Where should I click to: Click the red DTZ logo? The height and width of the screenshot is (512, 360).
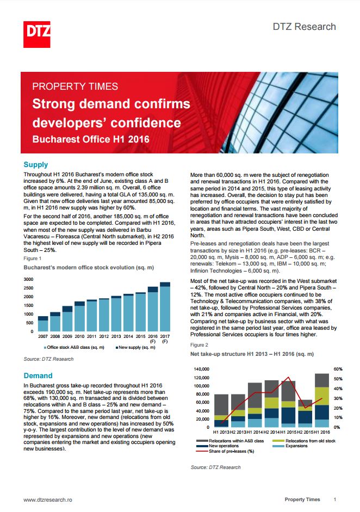(37, 34)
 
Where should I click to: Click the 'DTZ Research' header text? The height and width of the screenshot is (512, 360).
(304, 27)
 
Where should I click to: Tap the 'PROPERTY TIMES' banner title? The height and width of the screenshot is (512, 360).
(75, 87)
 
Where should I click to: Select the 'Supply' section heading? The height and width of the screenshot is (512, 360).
(36, 164)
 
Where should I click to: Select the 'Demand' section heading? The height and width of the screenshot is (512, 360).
(38, 375)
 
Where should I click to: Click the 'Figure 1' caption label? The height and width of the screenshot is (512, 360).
(32, 258)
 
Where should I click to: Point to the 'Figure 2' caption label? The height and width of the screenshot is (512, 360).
(199, 345)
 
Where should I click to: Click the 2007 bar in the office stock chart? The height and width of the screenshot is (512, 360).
(43, 324)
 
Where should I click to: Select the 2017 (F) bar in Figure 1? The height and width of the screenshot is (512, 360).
(165, 307)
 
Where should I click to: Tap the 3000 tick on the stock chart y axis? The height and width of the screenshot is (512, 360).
(28, 279)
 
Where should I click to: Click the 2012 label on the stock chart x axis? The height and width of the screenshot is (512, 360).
(104, 336)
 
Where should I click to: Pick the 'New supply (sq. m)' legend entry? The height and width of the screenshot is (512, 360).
(135, 348)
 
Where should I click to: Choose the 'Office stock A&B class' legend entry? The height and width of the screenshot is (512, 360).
(74, 348)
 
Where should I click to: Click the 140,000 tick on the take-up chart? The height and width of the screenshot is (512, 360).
(201, 369)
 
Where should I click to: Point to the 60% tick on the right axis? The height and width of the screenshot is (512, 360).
(338, 369)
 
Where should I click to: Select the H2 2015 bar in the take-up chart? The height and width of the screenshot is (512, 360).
(305, 414)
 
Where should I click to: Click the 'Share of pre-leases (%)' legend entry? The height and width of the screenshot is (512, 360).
(225, 451)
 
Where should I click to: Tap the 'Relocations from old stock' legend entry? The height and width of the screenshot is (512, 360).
(304, 441)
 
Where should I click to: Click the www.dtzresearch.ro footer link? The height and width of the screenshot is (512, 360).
(48, 499)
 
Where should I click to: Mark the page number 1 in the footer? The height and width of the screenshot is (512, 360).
(334, 499)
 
